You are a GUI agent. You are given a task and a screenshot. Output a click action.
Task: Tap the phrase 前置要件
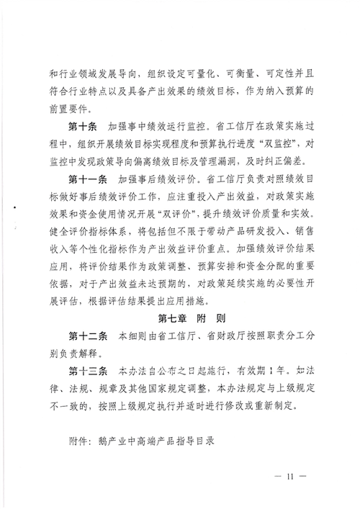tap(70, 109)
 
